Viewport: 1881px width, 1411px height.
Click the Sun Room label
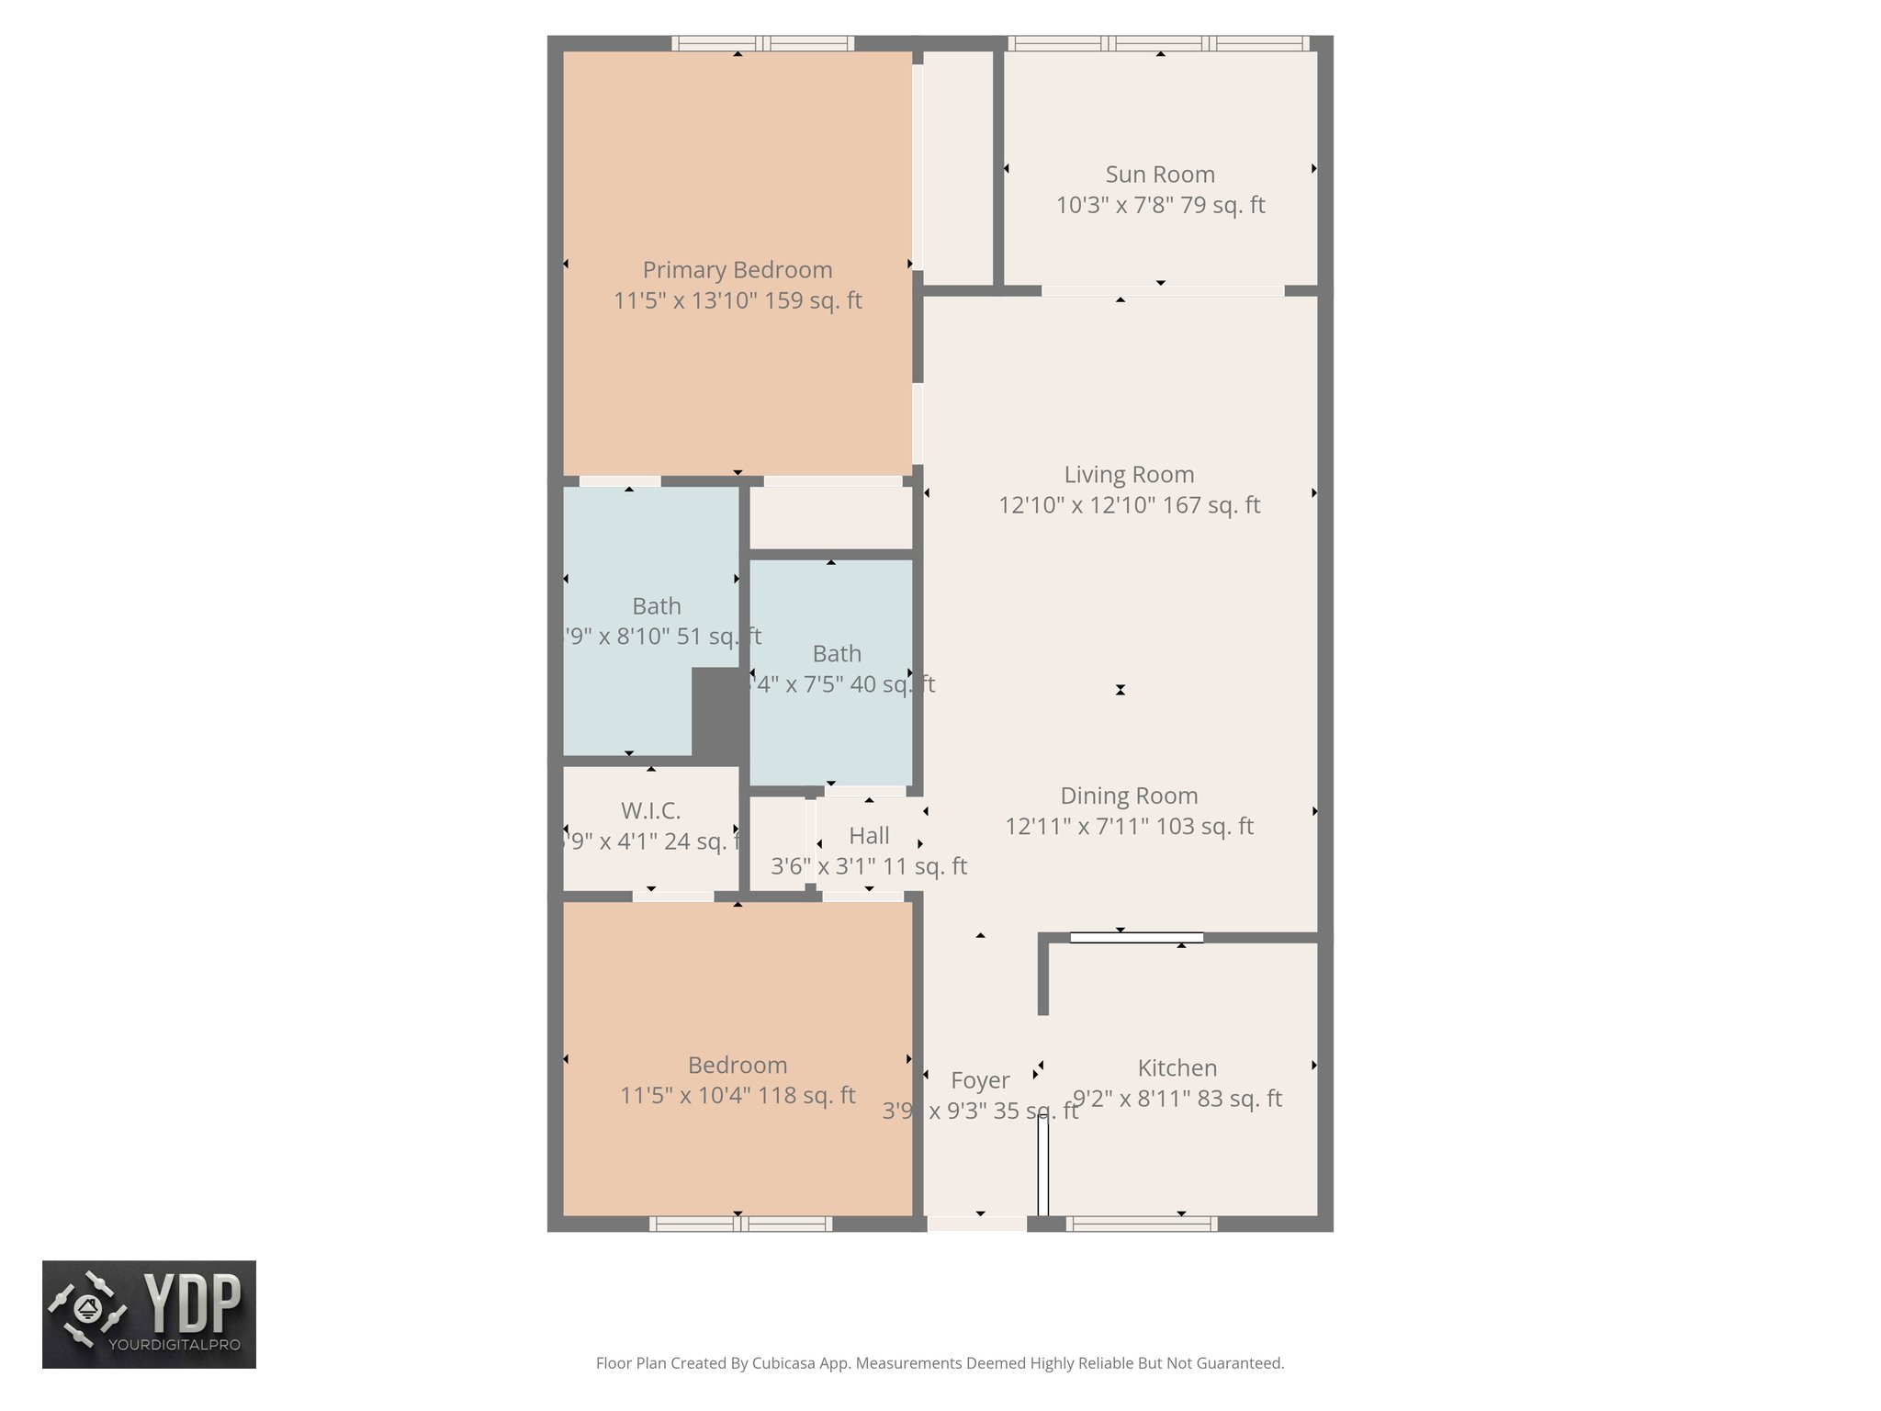(1160, 175)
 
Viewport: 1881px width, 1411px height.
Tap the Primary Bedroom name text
(738, 270)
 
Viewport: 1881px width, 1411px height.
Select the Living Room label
(1129, 475)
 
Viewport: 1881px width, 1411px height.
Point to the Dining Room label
(1129, 796)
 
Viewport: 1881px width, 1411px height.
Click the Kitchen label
(1177, 1068)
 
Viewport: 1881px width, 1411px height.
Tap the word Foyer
(980, 1080)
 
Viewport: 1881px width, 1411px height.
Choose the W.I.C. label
(650, 811)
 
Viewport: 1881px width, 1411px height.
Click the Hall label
(869, 836)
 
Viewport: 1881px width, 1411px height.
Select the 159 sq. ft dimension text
(814, 301)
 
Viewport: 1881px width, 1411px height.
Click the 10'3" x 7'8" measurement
(1113, 205)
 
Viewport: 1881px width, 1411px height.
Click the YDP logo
(149, 1315)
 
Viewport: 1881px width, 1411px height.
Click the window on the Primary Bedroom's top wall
(762, 43)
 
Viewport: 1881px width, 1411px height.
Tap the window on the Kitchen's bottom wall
(1142, 1224)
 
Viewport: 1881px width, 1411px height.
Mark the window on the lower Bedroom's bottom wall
(740, 1224)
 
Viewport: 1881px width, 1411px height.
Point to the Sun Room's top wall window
(1159, 43)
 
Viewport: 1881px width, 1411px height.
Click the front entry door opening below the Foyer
(976, 1224)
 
